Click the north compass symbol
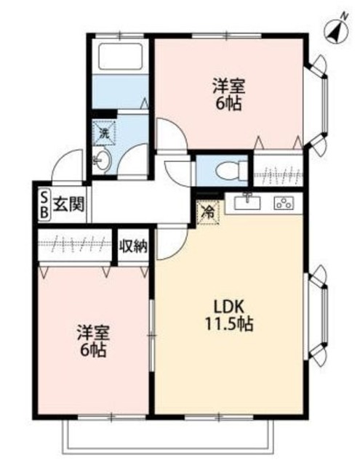tap(335, 29)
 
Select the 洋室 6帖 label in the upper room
tap(228, 94)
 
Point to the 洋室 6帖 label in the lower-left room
tap(92, 341)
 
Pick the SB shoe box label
tap(43, 205)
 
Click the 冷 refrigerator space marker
tap(208, 213)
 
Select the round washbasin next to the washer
tap(102, 161)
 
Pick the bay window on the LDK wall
tap(317, 313)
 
